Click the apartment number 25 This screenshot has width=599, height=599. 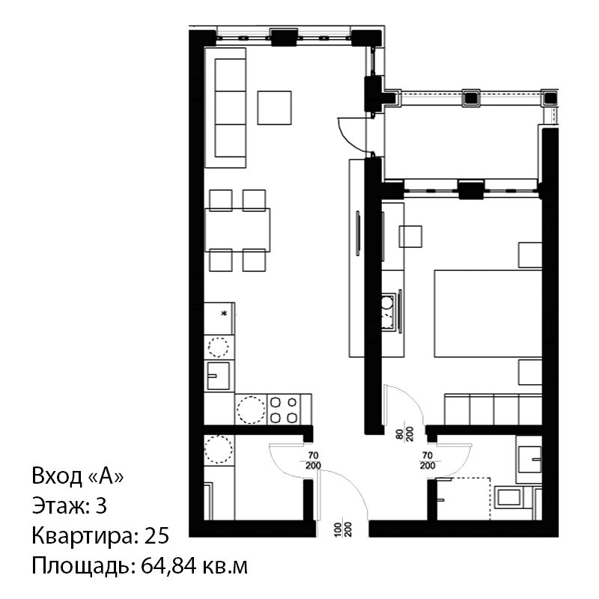pyautogui.click(x=156, y=535)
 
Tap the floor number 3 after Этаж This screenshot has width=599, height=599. pyautogui.click(x=101, y=506)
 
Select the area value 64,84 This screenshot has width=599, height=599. pyautogui.click(x=169, y=567)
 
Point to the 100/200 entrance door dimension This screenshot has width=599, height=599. pyautogui.click(x=343, y=529)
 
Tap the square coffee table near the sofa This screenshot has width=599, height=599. pyautogui.click(x=274, y=108)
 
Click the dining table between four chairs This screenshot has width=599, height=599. pyautogui.click(x=237, y=230)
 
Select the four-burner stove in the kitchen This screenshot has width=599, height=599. pyautogui.click(x=284, y=410)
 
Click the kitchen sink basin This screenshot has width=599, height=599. pyautogui.click(x=219, y=376)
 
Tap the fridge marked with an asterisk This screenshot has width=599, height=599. pyautogui.click(x=219, y=319)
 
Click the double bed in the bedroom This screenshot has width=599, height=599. pyautogui.click(x=488, y=314)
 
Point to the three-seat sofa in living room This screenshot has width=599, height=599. pyautogui.click(x=225, y=108)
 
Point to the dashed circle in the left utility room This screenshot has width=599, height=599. pyautogui.click(x=219, y=450)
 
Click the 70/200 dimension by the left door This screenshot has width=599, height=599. pyautogui.click(x=313, y=460)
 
